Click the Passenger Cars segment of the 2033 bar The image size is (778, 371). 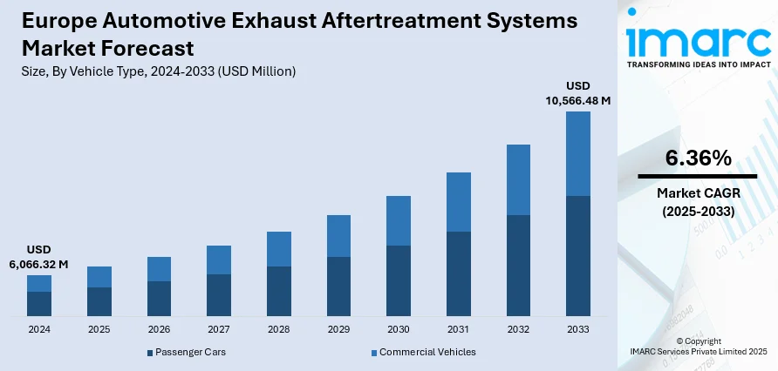[577, 255]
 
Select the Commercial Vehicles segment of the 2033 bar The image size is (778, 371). [577, 153]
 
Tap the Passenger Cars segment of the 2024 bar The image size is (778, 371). [39, 303]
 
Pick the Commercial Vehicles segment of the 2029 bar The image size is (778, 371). [338, 236]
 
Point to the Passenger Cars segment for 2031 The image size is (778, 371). [458, 273]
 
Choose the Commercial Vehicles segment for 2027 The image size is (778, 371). [219, 260]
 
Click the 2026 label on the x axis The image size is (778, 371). [159, 330]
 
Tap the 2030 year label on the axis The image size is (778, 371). [398, 330]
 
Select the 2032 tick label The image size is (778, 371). [518, 330]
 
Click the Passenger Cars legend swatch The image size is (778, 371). [149, 353]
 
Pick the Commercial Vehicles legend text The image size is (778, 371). [427, 352]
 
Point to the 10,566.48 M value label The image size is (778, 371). [577, 100]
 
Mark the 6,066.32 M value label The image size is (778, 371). [39, 264]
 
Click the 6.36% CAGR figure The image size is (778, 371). [698, 158]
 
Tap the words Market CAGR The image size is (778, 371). [698, 192]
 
